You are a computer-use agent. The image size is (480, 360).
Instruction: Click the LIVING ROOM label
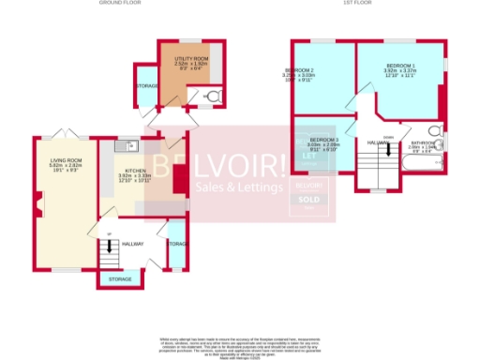pyautogui.click(x=67, y=165)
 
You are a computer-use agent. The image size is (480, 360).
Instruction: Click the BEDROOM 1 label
pyautogui.click(x=400, y=69)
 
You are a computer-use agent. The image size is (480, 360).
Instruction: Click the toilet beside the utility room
pyautogui.click(x=213, y=97)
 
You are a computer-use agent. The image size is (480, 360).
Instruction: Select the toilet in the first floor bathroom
pyautogui.click(x=434, y=132)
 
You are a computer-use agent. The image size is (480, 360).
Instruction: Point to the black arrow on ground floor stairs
pyautogui.click(x=111, y=247)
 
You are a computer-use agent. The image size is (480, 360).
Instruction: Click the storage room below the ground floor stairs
pyautogui.click(x=120, y=279)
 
